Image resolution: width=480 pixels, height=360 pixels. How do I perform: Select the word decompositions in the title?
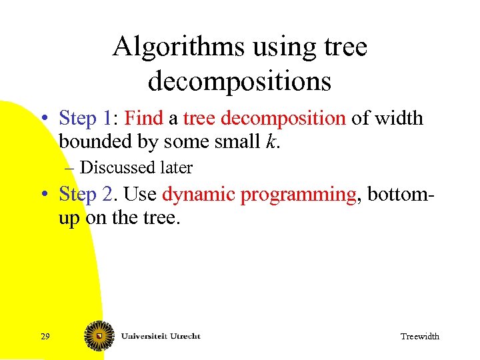[x=239, y=81]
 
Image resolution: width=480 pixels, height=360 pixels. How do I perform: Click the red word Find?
[x=143, y=119]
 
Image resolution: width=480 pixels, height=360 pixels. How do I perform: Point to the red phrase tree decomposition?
[x=264, y=119]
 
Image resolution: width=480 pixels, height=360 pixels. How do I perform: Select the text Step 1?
[x=85, y=119]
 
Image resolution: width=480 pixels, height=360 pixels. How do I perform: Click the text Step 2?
[x=85, y=194]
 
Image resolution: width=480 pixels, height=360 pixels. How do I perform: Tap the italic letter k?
[x=271, y=142]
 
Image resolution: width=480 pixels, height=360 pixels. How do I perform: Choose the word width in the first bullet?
[x=398, y=119]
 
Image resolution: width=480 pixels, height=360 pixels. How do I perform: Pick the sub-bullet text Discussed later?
[x=135, y=168]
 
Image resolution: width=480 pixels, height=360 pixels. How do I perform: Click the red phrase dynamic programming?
[x=259, y=195]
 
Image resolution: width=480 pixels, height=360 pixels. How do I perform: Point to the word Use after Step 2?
[x=140, y=194]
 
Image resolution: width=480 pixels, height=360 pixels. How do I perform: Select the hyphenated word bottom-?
[x=399, y=194]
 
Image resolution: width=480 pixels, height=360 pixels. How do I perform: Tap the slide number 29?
[x=45, y=337]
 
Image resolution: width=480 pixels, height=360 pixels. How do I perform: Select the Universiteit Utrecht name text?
[x=160, y=335]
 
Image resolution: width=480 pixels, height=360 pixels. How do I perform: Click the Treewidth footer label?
[x=419, y=337]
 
